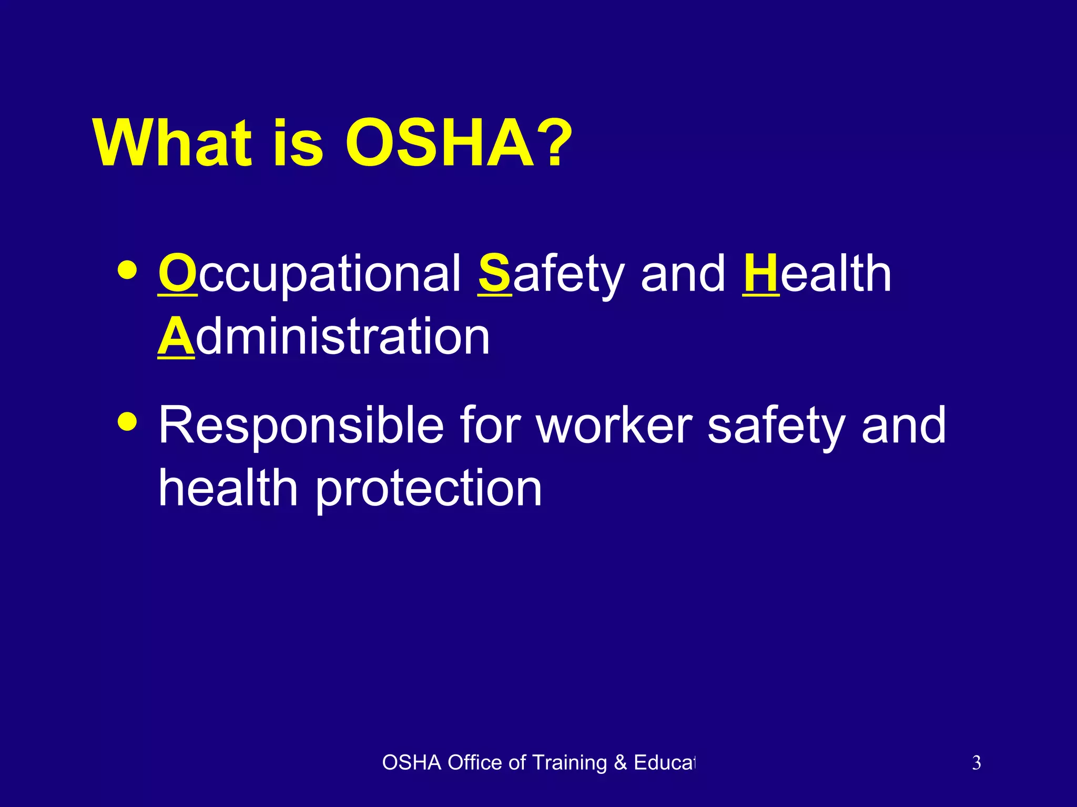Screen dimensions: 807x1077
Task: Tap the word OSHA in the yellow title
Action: [x=440, y=143]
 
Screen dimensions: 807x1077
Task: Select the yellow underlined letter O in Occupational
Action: [x=178, y=273]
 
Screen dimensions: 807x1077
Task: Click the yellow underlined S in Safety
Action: [x=494, y=273]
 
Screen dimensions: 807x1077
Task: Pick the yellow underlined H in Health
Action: [x=760, y=273]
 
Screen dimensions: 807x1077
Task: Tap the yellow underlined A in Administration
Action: [x=176, y=336]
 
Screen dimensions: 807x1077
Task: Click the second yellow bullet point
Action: [x=128, y=421]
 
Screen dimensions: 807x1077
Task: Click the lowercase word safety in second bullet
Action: [x=776, y=426]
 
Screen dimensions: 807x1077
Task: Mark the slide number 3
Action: [x=976, y=763]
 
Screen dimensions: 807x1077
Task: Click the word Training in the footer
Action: [x=570, y=763]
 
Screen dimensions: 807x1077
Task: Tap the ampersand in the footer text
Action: [x=621, y=763]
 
